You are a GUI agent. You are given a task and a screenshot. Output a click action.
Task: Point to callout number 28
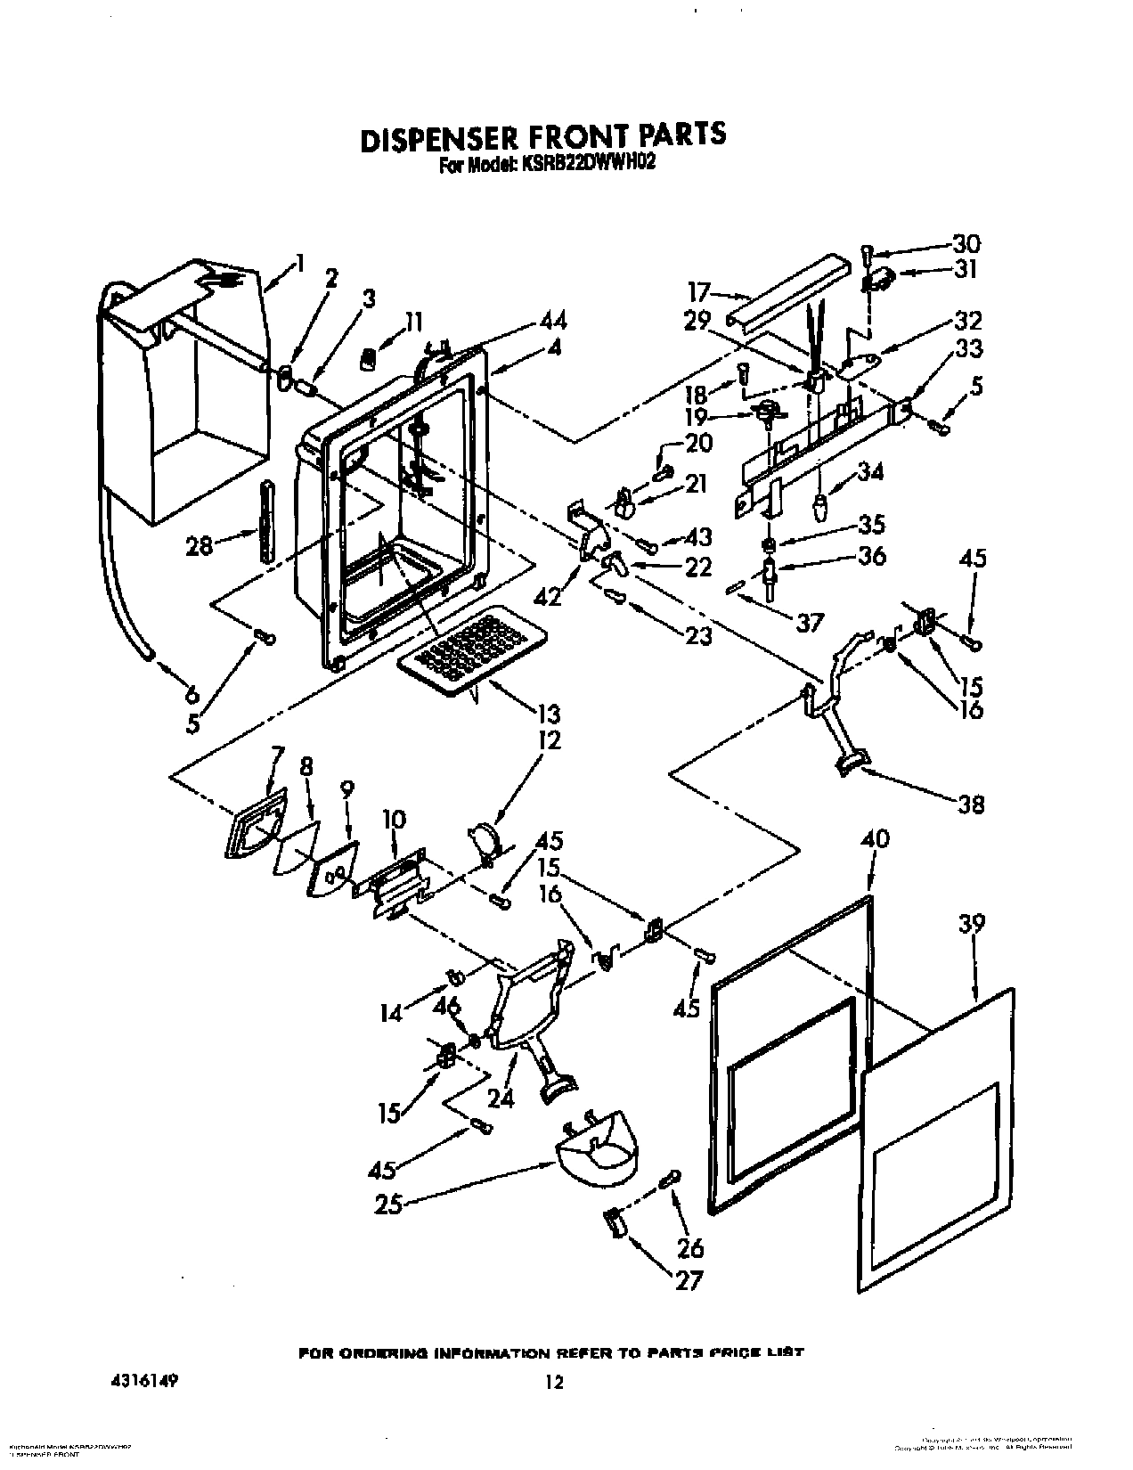[200, 544]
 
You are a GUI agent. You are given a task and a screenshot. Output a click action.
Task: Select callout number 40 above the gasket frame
[876, 839]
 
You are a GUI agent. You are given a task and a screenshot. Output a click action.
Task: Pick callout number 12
[549, 739]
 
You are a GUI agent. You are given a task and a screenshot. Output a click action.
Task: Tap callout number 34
[869, 471]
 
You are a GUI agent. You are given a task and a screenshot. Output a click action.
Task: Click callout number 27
[689, 1281]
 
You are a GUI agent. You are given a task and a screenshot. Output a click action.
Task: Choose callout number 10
[394, 819]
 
